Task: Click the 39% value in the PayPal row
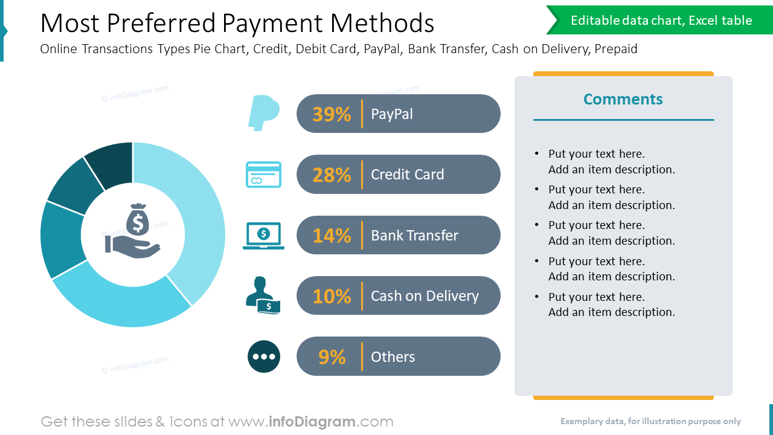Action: pyautogui.click(x=332, y=114)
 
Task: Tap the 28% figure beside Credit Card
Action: pyautogui.click(x=332, y=175)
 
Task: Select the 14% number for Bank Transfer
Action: pyautogui.click(x=332, y=235)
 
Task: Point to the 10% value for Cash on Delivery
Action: pyautogui.click(x=332, y=296)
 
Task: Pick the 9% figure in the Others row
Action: pyautogui.click(x=332, y=356)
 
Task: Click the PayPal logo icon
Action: pyautogui.click(x=263, y=112)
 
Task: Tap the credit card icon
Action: pyautogui.click(x=263, y=175)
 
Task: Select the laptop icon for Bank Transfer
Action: pyautogui.click(x=263, y=236)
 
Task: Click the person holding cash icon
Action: pyautogui.click(x=263, y=295)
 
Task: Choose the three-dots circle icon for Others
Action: pyautogui.click(x=264, y=356)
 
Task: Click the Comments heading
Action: pyautogui.click(x=623, y=99)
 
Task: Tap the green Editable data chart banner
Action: pyautogui.click(x=661, y=21)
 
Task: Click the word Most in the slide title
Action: pyautogui.click(x=65, y=24)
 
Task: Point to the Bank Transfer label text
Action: pyautogui.click(x=414, y=235)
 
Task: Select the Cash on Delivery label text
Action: pyautogui.click(x=425, y=296)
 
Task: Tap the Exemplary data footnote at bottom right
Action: pyautogui.click(x=650, y=421)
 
